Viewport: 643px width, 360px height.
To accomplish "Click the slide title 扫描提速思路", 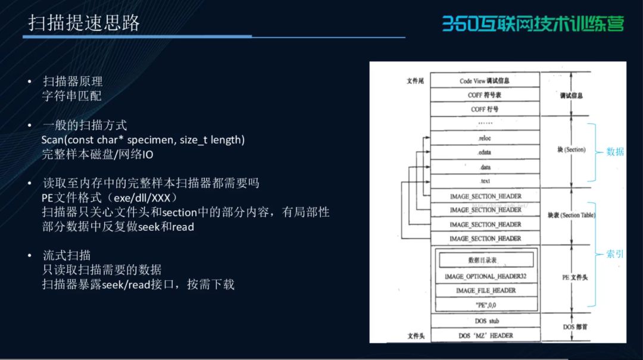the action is tap(84, 23).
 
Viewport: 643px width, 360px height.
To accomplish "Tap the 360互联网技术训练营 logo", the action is tap(533, 23).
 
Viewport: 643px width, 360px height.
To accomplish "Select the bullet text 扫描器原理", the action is tap(73, 82).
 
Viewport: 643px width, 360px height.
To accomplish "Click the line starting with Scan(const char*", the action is tap(143, 140).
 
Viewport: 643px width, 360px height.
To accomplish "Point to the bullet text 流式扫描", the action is tap(67, 255).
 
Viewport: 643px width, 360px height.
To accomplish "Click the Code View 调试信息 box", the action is tap(484, 81).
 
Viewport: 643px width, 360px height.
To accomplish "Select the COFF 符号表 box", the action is tap(484, 95).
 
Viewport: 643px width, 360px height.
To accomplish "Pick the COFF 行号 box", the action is tap(484, 109).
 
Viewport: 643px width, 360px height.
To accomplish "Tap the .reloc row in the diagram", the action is tap(484, 138).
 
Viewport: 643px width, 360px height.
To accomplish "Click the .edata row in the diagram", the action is tap(484, 152).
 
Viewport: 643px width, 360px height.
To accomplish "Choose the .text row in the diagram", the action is tap(484, 181).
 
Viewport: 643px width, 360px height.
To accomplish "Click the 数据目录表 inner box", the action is tap(486, 260).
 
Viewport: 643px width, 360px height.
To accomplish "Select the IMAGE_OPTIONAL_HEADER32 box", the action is tap(485, 277).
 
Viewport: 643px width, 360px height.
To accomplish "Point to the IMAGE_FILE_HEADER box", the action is tap(485, 291).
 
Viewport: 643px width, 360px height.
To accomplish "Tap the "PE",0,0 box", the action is tap(485, 305).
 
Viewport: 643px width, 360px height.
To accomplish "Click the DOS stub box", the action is tap(485, 321).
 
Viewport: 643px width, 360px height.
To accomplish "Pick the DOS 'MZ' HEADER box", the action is tap(485, 336).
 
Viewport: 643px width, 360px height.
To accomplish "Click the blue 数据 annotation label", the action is tap(615, 152).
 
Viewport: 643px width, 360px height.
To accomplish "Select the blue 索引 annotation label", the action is tap(615, 254).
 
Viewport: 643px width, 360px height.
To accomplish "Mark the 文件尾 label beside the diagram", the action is tap(415, 81).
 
